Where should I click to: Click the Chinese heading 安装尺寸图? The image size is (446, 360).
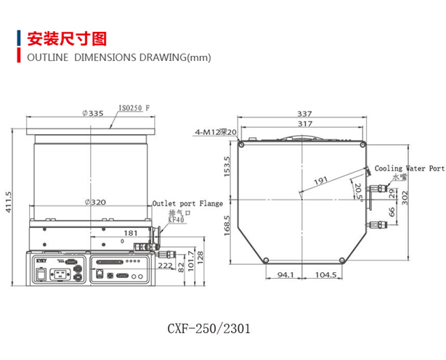66,38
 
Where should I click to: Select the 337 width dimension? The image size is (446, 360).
304,112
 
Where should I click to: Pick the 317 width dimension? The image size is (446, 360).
304,123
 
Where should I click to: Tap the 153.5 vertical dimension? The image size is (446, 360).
227,167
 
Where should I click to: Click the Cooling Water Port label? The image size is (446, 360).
408,168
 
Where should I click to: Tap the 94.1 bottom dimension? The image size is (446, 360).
285,275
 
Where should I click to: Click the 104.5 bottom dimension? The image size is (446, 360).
326,275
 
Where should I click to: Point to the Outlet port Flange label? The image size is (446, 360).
187,204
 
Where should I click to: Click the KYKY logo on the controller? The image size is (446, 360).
39,258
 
